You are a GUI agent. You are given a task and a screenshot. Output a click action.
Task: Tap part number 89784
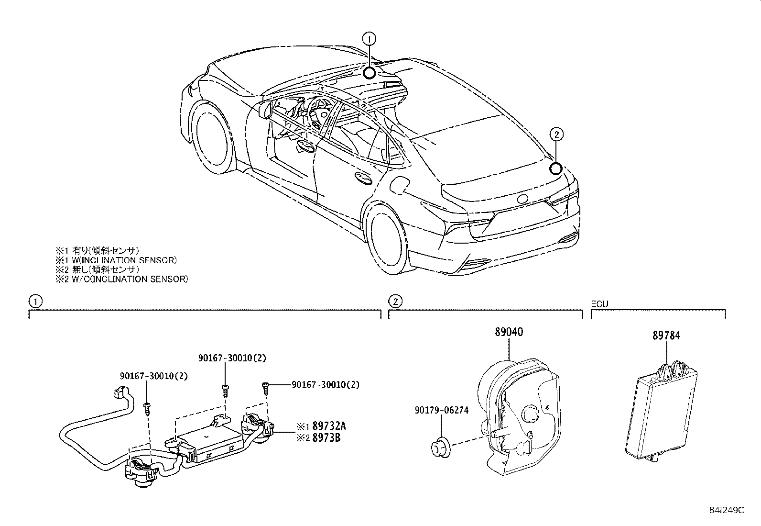[666, 336]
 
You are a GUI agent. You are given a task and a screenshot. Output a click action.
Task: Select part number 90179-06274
[442, 410]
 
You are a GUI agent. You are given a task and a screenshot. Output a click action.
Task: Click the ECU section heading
[599, 303]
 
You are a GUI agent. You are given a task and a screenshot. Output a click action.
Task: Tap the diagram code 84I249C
[727, 510]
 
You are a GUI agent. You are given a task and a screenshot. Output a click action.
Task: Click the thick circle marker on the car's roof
[369, 73]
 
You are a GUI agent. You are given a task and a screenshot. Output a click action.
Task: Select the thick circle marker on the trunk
[555, 168]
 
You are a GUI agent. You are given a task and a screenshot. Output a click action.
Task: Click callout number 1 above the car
[370, 38]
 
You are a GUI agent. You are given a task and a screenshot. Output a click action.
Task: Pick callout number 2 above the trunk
[555, 134]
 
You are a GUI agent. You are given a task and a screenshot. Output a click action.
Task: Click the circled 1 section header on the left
[35, 301]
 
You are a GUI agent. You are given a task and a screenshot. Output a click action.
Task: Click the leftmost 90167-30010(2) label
[153, 376]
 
